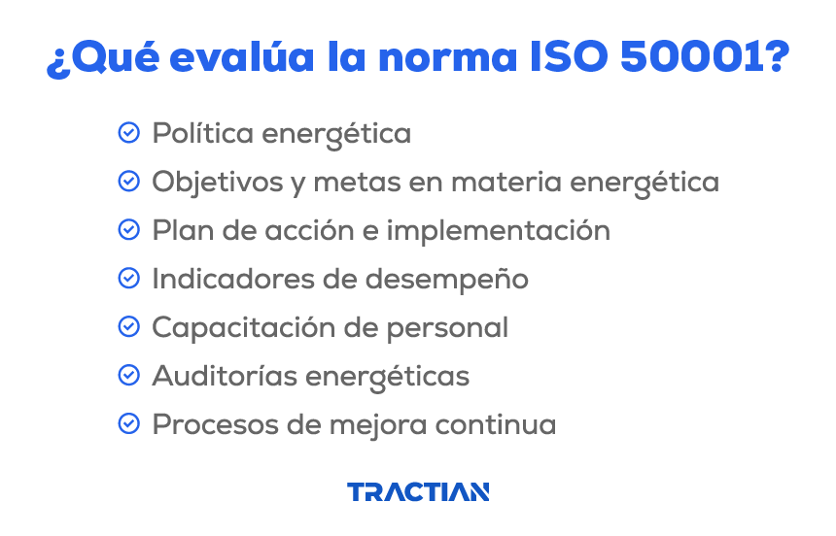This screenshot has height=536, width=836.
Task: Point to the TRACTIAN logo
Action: (x=418, y=492)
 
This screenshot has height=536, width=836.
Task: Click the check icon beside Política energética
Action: (x=128, y=133)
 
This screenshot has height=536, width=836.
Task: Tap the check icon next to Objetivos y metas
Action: (x=128, y=182)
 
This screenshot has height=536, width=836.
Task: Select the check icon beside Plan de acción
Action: (x=128, y=230)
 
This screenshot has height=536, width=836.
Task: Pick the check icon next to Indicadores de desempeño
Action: (x=128, y=279)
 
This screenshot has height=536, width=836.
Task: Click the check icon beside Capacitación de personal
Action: (x=128, y=327)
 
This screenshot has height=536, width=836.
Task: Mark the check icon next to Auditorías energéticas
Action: (x=128, y=376)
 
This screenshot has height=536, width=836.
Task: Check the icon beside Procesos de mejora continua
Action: (x=128, y=424)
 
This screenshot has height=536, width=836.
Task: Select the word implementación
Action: (x=499, y=231)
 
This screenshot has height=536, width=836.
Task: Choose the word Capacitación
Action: (x=238, y=328)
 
